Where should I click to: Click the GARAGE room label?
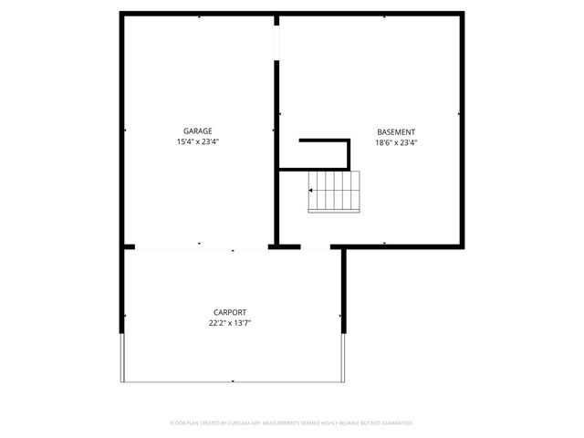click(x=197, y=130)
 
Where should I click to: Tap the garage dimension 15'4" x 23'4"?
click(x=197, y=142)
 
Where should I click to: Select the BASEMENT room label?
click(x=396, y=130)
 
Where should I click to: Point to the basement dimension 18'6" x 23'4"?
click(x=396, y=142)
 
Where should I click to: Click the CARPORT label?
click(x=230, y=311)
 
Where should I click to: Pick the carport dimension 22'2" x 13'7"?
click(x=230, y=323)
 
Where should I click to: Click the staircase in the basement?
click(x=335, y=193)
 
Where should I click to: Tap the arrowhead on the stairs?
click(x=312, y=191)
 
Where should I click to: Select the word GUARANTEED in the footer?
click(x=395, y=423)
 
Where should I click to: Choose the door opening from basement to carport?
click(x=316, y=247)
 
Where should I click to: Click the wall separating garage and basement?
click(x=276, y=155)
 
